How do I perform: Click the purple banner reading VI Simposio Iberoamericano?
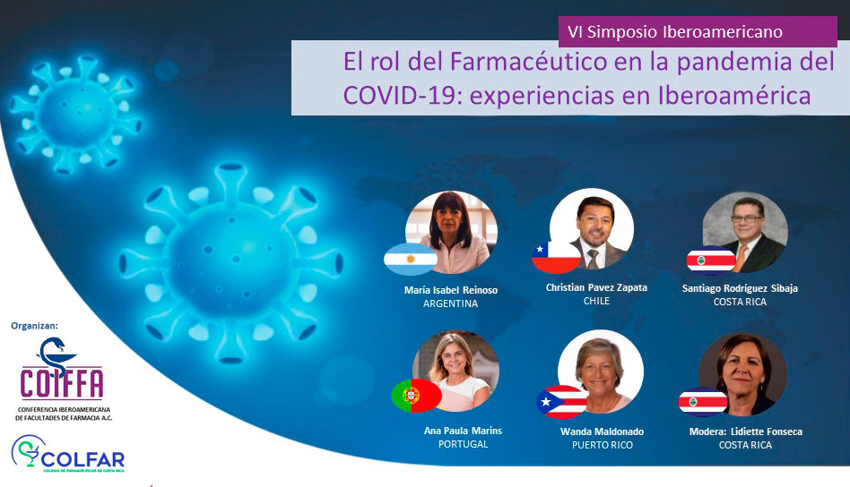[698, 31]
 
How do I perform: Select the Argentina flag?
[411, 260]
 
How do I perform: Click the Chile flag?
[556, 257]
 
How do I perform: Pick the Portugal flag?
[416, 396]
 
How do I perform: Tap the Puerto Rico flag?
[561, 402]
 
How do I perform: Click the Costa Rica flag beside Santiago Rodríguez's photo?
[711, 261]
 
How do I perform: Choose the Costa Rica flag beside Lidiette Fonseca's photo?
[703, 402]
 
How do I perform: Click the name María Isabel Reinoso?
[450, 290]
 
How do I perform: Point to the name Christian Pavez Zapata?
[596, 287]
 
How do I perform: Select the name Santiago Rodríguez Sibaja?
[740, 288]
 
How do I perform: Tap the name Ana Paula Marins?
[463, 431]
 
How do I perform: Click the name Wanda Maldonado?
[602, 431]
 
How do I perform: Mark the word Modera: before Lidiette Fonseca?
[707, 431]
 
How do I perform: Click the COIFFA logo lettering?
[61, 383]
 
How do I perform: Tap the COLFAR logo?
[68, 454]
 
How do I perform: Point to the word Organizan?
[34, 326]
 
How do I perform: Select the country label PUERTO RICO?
[603, 445]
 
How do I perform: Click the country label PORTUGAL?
[463, 444]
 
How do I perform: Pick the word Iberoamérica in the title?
[734, 95]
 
